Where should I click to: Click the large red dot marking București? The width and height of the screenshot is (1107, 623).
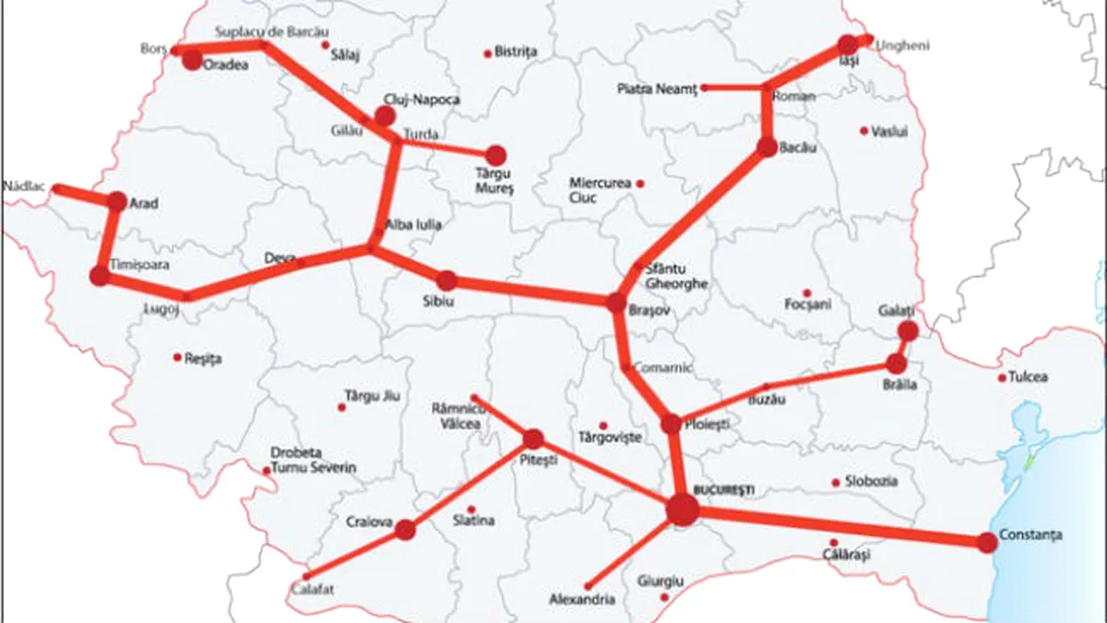(682, 509)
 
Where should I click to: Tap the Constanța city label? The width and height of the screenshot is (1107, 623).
(1030, 534)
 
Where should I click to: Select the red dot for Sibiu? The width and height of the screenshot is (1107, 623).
(446, 281)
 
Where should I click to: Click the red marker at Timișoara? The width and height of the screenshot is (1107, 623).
(100, 276)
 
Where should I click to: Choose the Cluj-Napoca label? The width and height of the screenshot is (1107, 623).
(421, 99)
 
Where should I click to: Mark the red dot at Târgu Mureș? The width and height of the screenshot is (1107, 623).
(496, 155)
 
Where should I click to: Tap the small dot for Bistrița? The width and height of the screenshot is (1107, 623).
(487, 54)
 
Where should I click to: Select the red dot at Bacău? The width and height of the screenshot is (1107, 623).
(768, 147)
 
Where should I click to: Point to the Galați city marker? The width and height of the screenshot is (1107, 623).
(908, 330)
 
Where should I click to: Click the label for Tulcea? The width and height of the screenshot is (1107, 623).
(1029, 377)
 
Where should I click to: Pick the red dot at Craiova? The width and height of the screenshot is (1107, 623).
(405, 530)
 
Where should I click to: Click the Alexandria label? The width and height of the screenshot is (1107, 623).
(581, 600)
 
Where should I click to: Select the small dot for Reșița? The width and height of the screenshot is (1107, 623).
(177, 356)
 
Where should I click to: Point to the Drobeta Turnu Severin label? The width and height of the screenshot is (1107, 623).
(313, 461)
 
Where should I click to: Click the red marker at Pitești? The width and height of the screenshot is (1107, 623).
(533, 439)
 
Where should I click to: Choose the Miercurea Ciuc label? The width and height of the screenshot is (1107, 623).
(601, 190)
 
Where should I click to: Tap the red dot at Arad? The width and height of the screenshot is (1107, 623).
(117, 201)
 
